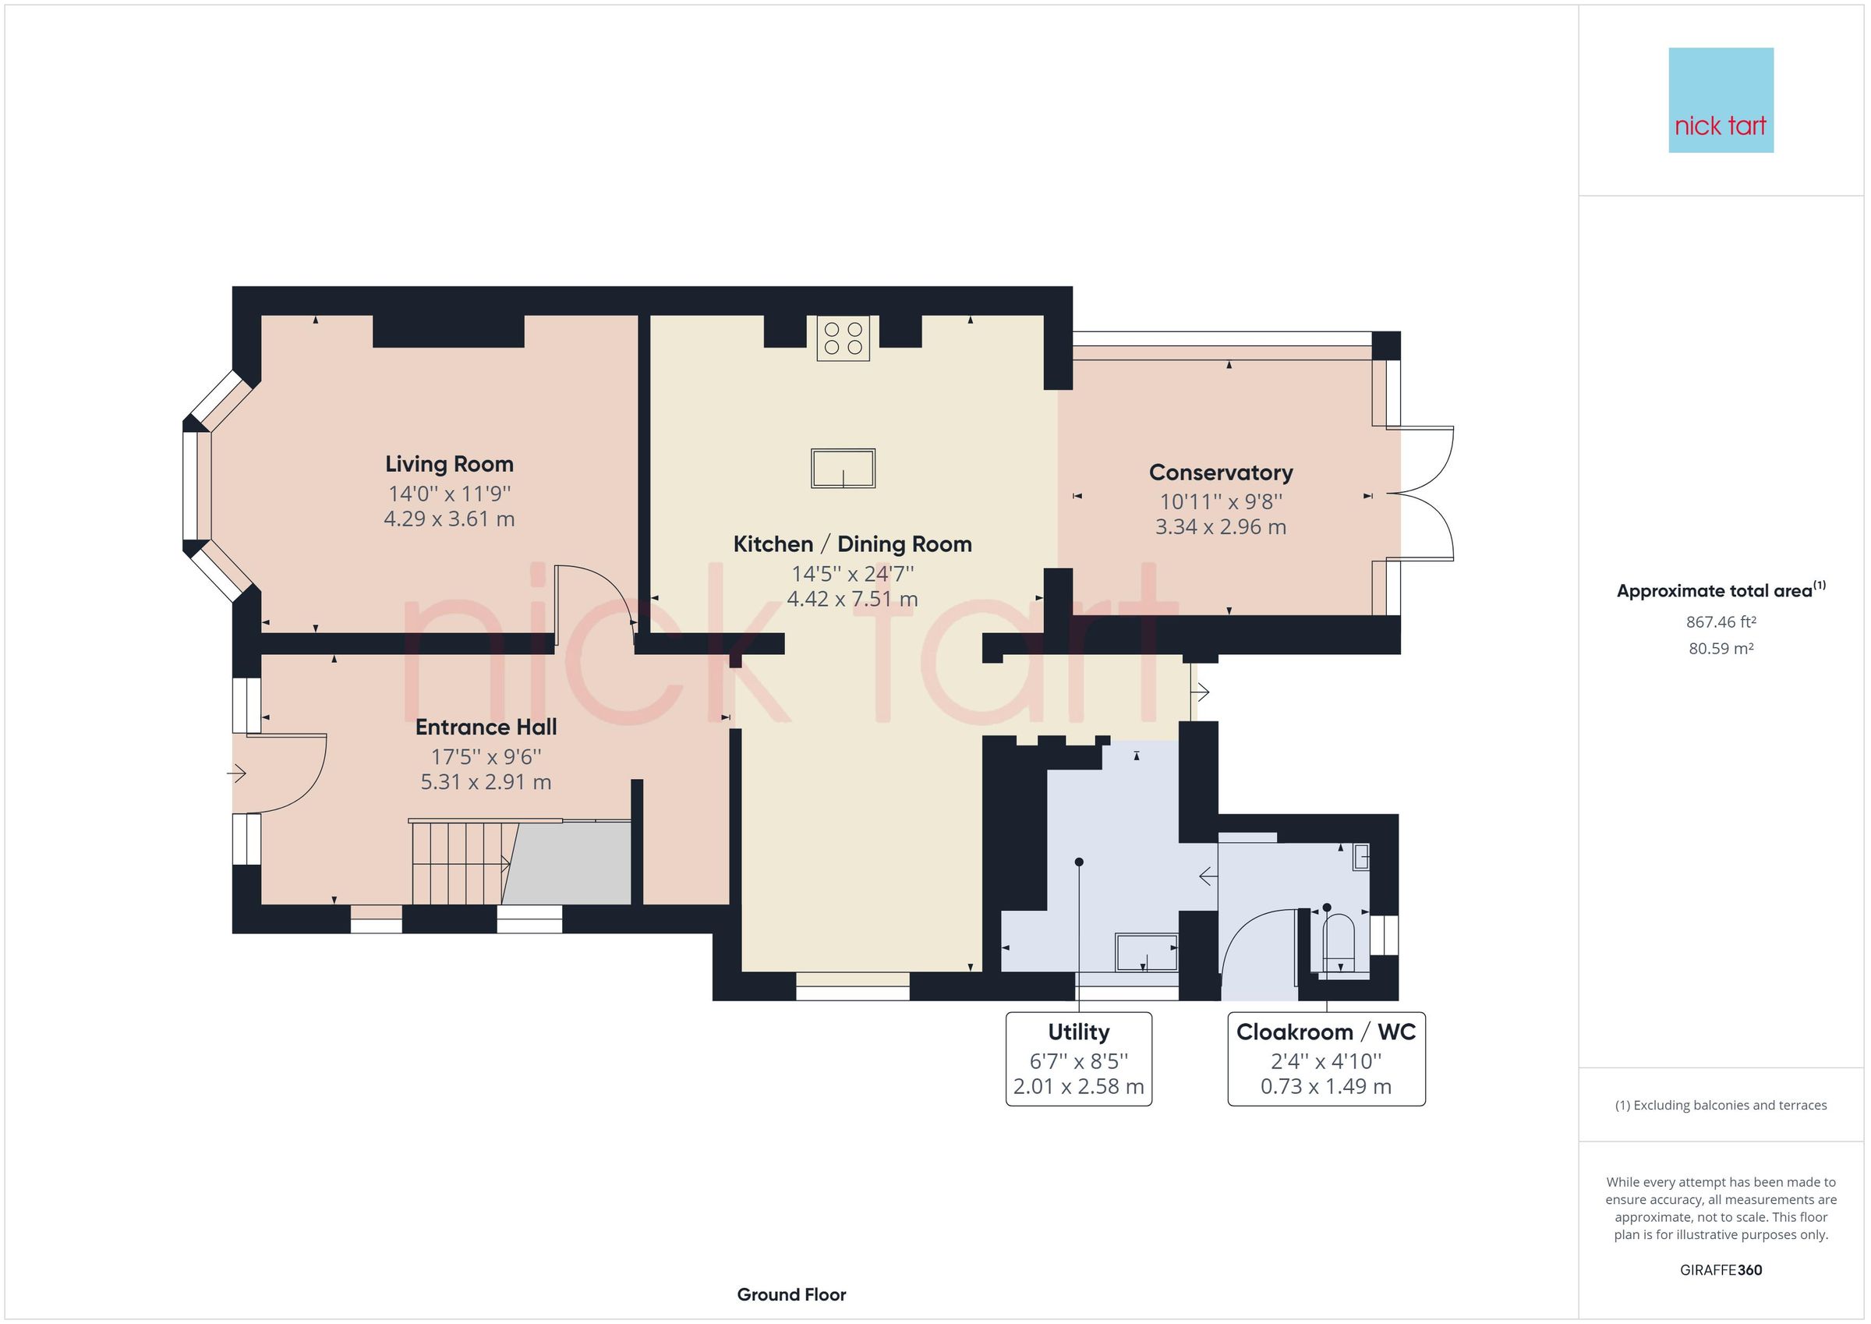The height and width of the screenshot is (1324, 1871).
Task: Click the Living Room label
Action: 449,465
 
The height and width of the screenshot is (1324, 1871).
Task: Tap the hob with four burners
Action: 843,338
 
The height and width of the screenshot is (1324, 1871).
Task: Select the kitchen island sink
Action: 843,469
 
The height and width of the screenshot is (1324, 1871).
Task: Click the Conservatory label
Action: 1221,473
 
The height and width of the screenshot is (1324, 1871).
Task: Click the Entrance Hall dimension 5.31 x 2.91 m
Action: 486,783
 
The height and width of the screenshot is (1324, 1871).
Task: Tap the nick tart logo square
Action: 1721,101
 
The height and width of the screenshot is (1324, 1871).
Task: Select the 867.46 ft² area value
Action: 1721,622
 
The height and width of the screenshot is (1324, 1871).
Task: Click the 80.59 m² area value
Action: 1721,649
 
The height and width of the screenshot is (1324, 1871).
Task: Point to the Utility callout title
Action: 1078,1032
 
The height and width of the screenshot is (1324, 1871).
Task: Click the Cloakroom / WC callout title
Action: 1326,1032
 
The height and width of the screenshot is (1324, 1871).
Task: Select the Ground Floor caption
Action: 791,1294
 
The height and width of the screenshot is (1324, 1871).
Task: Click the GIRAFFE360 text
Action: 1721,1270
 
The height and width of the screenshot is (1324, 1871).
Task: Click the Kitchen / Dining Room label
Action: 852,544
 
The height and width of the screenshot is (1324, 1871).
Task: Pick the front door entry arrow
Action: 237,772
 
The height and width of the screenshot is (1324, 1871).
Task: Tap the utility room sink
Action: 1146,952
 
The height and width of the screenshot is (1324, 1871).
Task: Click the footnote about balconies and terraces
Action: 1721,1106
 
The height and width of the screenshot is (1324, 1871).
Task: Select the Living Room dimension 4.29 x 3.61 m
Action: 449,519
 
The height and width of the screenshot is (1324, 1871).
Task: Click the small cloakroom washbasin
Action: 1360,858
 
